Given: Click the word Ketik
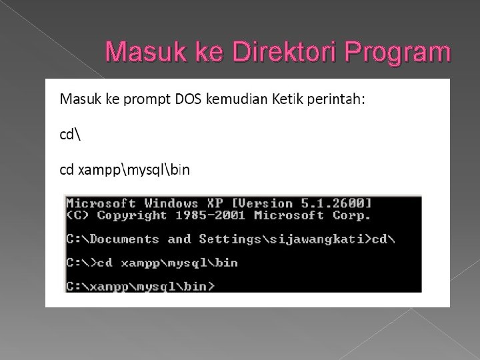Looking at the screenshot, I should point(287,99).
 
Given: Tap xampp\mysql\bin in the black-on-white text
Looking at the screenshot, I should point(134,170).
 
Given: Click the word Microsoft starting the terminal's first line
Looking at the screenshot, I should point(102,203).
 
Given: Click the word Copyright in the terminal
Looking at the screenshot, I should point(131,215).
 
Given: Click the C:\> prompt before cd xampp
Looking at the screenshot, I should point(80,263).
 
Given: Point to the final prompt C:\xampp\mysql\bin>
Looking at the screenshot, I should point(140,286).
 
